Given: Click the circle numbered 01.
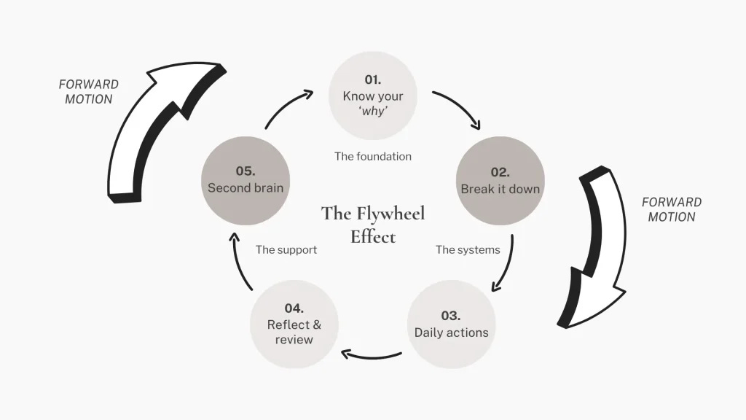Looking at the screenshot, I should pos(373,95).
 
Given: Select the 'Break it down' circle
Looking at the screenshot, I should pos(500,181).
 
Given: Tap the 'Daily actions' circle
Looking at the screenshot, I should pos(452,324).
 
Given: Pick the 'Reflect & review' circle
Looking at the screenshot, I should pos(294,324).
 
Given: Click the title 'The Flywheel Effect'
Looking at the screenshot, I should pos(373,225).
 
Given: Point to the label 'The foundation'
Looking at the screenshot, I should pos(373,156).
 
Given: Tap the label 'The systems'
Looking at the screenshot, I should pos(468,250).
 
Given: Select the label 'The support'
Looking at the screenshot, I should pos(286,250).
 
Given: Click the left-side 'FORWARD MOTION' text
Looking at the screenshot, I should pos(89,92).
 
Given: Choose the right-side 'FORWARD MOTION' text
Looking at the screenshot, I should pos(671,209).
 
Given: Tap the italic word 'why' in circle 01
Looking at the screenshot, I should pos(373,112).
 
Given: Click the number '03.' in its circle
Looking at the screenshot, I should pos(451,316).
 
